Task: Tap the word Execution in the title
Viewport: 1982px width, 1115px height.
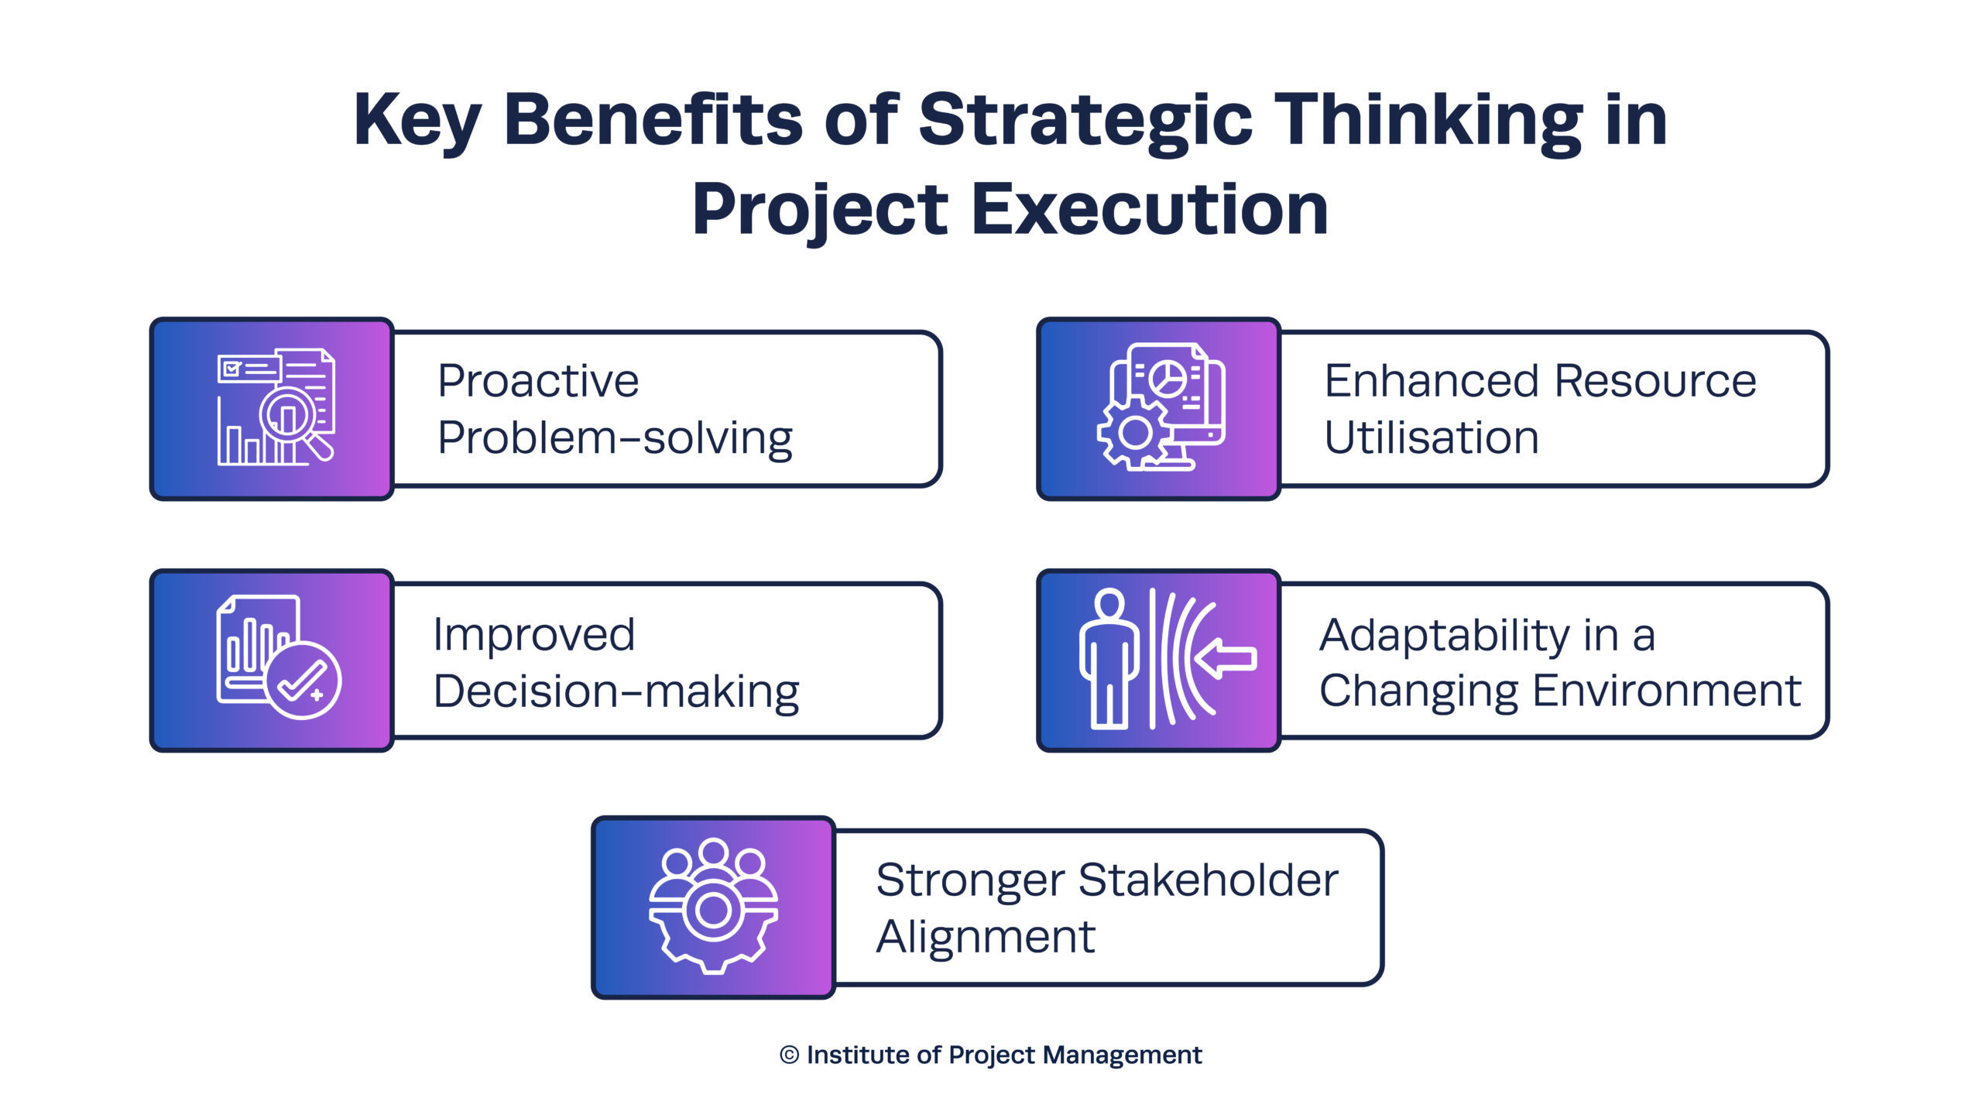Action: (x=1150, y=210)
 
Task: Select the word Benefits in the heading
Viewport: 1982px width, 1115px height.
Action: (x=653, y=119)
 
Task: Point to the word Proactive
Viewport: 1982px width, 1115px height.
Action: (x=538, y=381)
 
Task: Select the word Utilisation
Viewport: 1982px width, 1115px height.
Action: (x=1432, y=437)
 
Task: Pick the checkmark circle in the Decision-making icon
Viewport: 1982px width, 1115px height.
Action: (x=303, y=681)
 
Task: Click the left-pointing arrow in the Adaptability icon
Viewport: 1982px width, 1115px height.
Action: (x=1225, y=659)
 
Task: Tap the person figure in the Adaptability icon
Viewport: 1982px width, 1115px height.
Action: (x=1109, y=659)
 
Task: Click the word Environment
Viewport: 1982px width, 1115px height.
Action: (x=1666, y=691)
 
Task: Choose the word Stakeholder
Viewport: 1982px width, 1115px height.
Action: (x=1208, y=880)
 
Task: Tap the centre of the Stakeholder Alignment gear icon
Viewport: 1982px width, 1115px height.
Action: (x=713, y=911)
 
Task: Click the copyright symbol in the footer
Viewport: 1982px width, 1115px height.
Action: (x=789, y=1055)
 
